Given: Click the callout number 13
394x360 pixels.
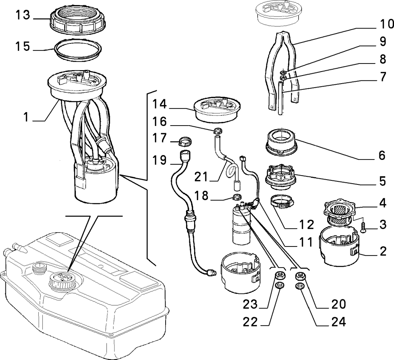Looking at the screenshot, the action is point(23,15).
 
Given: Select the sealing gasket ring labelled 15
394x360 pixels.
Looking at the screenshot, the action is point(78,49).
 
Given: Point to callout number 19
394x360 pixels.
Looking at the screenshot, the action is point(159,160).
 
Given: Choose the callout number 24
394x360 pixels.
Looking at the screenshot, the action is point(339,322).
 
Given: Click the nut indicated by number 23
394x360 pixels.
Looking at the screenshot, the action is point(279,276).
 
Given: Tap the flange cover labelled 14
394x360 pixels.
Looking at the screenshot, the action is point(217,110).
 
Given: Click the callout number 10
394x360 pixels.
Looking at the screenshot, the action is point(386,24).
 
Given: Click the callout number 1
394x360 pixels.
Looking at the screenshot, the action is point(26,117).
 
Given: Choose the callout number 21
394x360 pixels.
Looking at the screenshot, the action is point(201,177).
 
